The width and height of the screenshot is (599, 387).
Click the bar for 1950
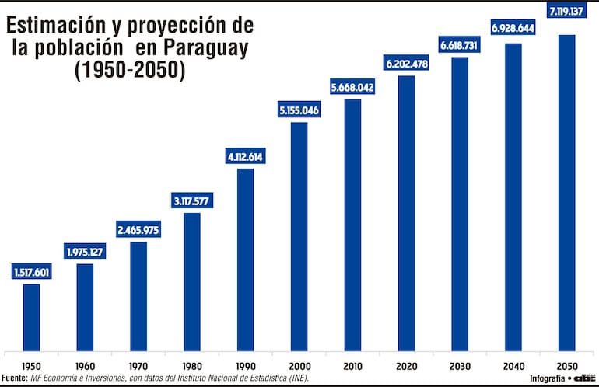(31, 317)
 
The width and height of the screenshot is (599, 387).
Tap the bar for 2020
(406, 213)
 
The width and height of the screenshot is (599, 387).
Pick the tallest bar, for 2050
(566, 193)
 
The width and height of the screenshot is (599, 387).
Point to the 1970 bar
(138, 296)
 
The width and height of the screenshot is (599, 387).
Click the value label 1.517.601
(31, 272)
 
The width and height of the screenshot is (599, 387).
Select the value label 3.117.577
(191, 201)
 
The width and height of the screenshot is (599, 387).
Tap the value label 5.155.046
(299, 110)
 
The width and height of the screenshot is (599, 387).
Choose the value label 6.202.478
(406, 64)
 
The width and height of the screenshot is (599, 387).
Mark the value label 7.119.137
(566, 12)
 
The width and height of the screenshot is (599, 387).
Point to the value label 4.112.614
(245, 157)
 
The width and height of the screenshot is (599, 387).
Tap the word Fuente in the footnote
(16, 378)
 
